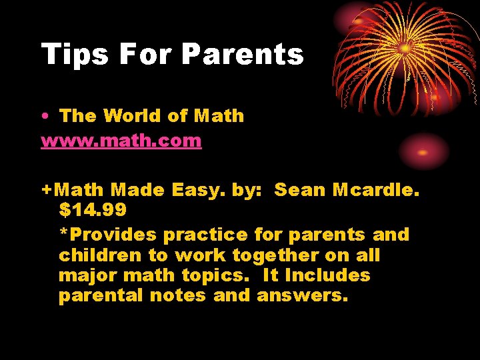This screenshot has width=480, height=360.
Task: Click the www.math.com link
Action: point(121,141)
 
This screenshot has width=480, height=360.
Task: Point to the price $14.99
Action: point(93,209)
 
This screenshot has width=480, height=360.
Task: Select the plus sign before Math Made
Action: point(47,191)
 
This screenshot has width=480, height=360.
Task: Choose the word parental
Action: point(100,296)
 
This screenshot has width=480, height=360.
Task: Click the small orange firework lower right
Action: point(423,151)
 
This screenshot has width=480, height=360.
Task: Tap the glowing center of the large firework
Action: point(405,48)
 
